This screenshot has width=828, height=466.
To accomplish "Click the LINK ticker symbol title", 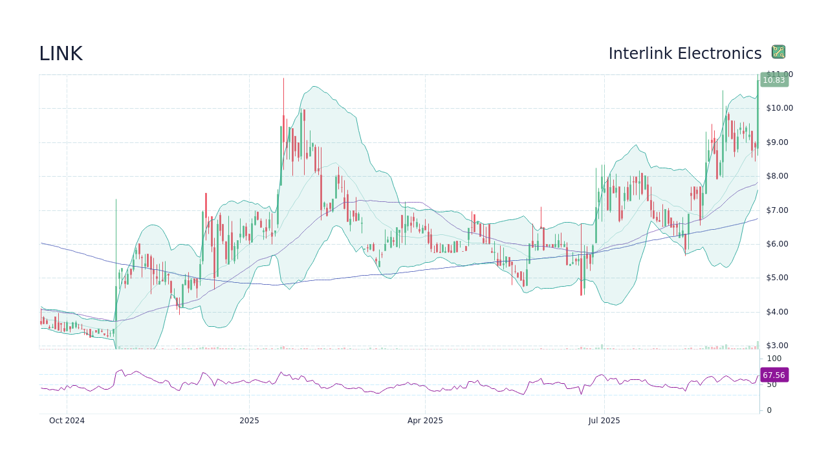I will click(61, 54).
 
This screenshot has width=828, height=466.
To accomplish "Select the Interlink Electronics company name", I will click(684, 54).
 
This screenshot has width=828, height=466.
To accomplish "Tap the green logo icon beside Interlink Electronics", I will click(778, 52).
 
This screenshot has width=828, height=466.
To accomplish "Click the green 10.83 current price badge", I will click(774, 80).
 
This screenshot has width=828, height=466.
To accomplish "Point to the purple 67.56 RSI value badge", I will click(774, 375).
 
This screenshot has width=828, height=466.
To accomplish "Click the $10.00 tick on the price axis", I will click(779, 108).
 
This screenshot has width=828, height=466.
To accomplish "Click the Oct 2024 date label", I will click(67, 421).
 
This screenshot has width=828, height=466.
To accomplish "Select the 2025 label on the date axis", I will click(249, 421).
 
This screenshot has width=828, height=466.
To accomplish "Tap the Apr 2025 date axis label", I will click(425, 421).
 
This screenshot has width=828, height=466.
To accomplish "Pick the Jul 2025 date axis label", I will click(604, 421).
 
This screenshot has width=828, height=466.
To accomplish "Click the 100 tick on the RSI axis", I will click(774, 359).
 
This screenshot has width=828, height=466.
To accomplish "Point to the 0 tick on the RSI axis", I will click(769, 410).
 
